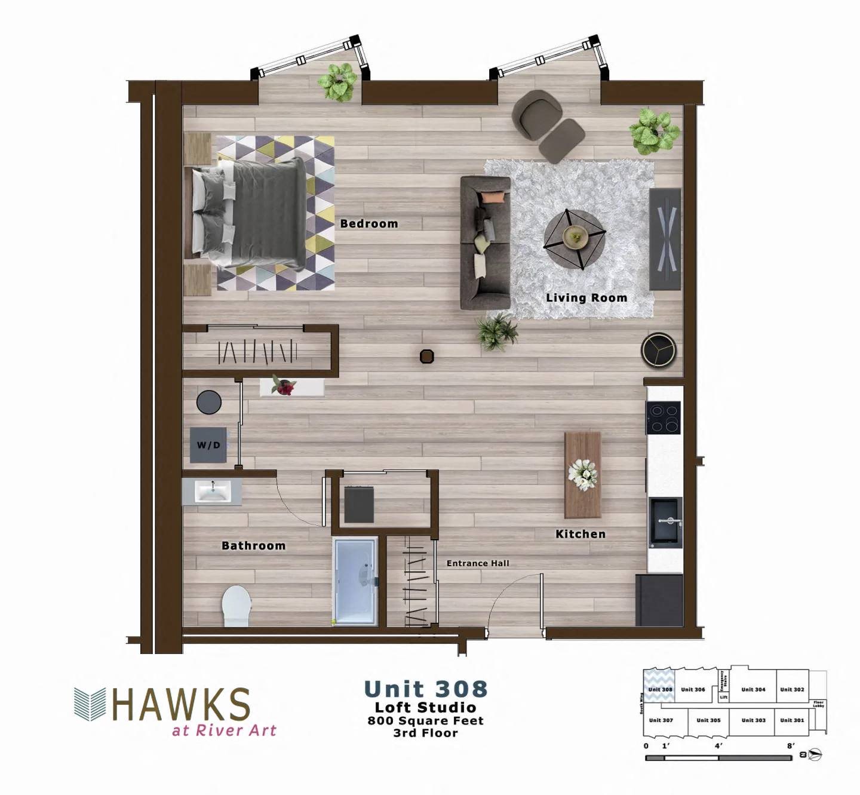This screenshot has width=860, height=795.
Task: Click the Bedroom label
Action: [x=368, y=224]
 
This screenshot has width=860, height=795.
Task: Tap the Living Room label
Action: [x=586, y=297]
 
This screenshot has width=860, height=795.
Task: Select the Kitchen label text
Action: [x=580, y=534]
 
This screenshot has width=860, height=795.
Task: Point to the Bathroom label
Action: [x=253, y=545]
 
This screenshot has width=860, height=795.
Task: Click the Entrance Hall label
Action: [x=478, y=563]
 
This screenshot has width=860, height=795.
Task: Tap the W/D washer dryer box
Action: [x=208, y=445]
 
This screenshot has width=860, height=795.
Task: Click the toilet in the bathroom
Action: [x=236, y=604]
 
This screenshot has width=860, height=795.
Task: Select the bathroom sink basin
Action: [x=213, y=492]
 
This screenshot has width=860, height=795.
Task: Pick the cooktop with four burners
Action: [x=664, y=418]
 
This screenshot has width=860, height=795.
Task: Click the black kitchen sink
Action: [x=665, y=522]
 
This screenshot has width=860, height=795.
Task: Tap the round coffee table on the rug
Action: [x=575, y=238]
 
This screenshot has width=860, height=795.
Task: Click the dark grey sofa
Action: [x=485, y=242]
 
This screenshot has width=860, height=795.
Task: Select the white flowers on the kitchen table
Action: [x=582, y=475]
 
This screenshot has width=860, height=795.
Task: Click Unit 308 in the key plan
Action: [x=660, y=689]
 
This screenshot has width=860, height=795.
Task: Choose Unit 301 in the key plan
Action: [x=792, y=720]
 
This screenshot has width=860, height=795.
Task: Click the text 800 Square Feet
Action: [x=425, y=720]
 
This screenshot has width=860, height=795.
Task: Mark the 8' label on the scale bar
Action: [x=791, y=746]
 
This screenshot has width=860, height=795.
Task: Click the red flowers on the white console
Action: [x=284, y=386]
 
